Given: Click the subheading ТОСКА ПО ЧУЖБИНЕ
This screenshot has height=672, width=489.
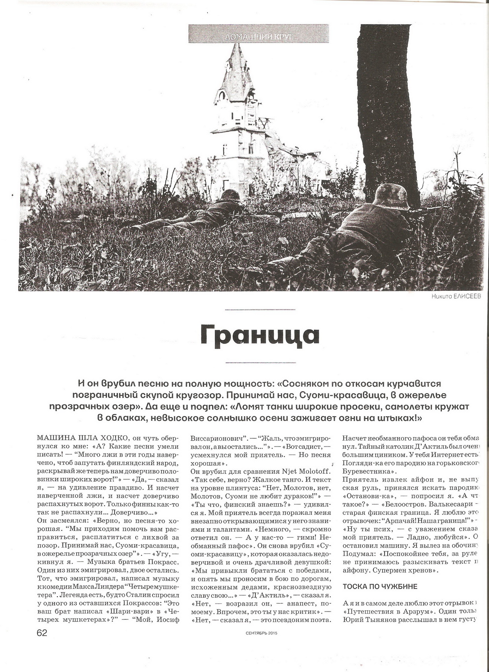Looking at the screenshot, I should click(x=380, y=586).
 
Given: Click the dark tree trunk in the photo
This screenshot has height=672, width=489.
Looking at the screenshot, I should click(x=389, y=112).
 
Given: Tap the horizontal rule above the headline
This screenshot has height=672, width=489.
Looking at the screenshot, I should click(x=260, y=309).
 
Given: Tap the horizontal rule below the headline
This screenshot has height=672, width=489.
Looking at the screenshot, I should click(x=260, y=363).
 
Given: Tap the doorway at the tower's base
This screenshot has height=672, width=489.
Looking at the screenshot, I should click(x=226, y=184).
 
